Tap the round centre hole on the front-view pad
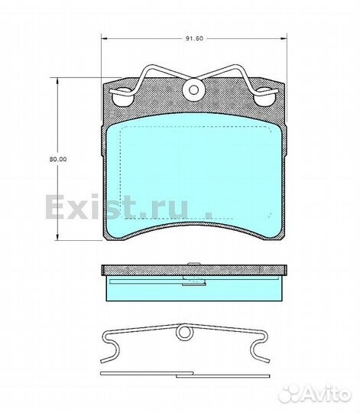coord(194,89)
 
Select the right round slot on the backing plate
coord(264,97)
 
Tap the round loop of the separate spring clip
coord(183,333)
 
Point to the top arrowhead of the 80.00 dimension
coord(57,80)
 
